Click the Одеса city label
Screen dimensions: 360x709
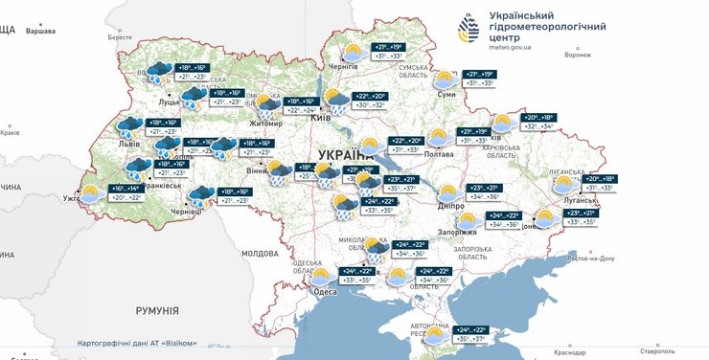(x=325, y=291)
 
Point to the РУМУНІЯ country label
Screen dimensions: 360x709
(x=157, y=311)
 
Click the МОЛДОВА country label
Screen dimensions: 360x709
(x=259, y=254)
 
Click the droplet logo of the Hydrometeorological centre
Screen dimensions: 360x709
(x=468, y=28)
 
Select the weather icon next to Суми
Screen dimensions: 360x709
(x=445, y=79)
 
